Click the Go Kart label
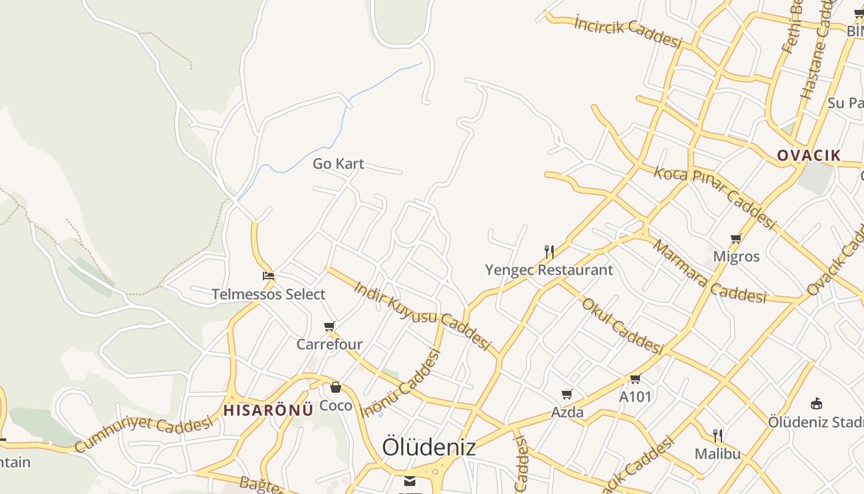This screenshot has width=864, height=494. [x=338, y=164]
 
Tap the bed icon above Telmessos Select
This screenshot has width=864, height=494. [x=268, y=276]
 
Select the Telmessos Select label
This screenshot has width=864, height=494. [x=268, y=295]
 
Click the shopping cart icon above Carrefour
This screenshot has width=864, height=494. [x=330, y=326]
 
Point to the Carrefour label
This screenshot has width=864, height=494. [x=330, y=344]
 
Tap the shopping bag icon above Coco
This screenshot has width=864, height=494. [x=336, y=387]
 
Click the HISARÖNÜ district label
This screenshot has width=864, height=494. [x=268, y=410]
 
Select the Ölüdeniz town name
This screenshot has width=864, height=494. [x=429, y=447]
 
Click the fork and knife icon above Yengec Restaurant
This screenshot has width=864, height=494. [x=549, y=251]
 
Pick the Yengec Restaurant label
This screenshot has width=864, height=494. [x=549, y=270]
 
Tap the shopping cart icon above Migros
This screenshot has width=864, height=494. [x=736, y=238]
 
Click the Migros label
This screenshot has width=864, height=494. [x=736, y=256]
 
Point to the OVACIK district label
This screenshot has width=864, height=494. [x=808, y=155]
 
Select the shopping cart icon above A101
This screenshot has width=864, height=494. [x=636, y=379]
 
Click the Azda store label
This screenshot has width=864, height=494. [x=568, y=412]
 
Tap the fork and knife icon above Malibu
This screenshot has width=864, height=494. [x=718, y=435]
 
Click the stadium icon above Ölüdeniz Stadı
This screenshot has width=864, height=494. [x=816, y=404]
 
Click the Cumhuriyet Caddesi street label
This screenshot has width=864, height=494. [x=143, y=433]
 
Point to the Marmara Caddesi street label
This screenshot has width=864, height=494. [x=709, y=272]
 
